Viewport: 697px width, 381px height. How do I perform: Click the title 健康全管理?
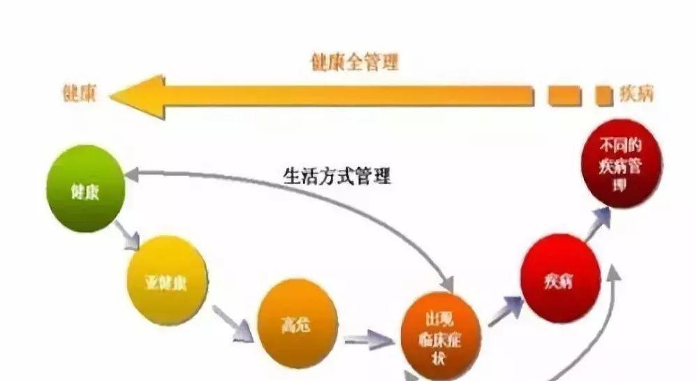pyautogui.click(x=354, y=63)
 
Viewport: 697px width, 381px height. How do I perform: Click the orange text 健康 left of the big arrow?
pyautogui.click(x=80, y=94)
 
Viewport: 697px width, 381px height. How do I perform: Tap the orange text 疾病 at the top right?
pyautogui.click(x=636, y=94)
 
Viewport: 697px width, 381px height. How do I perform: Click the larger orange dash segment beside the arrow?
pyautogui.click(x=564, y=95)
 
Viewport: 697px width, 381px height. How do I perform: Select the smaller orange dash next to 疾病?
pyautogui.click(x=603, y=95)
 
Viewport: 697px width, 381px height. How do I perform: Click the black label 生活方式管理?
pyautogui.click(x=337, y=175)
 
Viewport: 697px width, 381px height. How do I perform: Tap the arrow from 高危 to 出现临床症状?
pyautogui.click(x=369, y=340)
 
